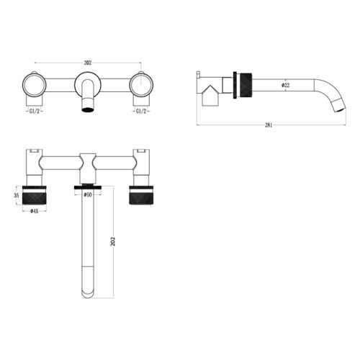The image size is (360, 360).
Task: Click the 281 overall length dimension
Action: (x=269, y=125)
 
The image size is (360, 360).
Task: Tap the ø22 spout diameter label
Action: (x=286, y=85)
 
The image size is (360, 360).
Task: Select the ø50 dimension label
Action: (x=88, y=195)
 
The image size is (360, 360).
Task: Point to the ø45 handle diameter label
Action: (x=35, y=211)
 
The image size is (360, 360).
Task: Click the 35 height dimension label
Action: (x=17, y=195)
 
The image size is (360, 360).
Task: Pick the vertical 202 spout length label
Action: (x=113, y=241)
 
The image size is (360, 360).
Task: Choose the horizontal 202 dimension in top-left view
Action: (x=88, y=63)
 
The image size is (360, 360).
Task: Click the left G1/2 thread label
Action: (x=34, y=111)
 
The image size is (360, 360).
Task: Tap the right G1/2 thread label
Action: (x=141, y=111)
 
